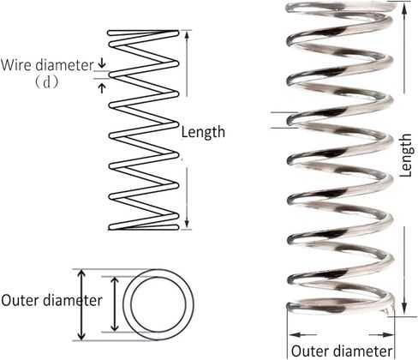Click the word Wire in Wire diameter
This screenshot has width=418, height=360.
(16, 65)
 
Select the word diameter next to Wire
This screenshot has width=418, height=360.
(64, 65)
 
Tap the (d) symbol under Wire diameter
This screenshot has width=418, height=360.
(47, 82)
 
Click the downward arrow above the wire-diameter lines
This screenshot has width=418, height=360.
(102, 63)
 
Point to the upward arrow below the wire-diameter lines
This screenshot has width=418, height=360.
(102, 87)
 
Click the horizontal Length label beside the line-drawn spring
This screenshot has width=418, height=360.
(203, 133)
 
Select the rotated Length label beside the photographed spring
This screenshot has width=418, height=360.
(405, 155)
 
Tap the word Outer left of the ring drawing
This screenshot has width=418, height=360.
(20, 301)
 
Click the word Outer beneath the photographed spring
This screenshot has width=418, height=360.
(310, 351)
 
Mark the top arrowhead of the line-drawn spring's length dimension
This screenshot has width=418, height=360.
(187, 35)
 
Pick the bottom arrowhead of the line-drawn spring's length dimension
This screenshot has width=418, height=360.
(187, 224)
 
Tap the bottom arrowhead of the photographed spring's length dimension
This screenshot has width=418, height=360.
(404, 309)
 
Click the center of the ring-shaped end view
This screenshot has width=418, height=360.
(158, 304)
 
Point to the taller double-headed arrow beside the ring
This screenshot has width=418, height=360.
(81, 304)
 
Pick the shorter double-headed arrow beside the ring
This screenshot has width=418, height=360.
(115, 304)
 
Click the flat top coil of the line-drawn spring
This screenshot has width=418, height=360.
(143, 33)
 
